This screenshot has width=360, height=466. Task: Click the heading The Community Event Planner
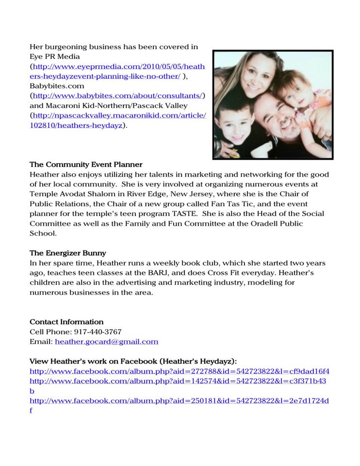point(86,165)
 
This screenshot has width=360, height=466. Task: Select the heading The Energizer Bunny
point(68,253)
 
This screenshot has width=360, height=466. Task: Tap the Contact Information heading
point(66,322)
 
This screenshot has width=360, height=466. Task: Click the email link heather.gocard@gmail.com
point(106,341)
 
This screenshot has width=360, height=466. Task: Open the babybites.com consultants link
point(119,95)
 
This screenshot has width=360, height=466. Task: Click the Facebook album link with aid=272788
point(180,371)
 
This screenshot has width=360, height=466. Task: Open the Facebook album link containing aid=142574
point(178,381)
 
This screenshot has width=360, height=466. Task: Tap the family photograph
point(273,104)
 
